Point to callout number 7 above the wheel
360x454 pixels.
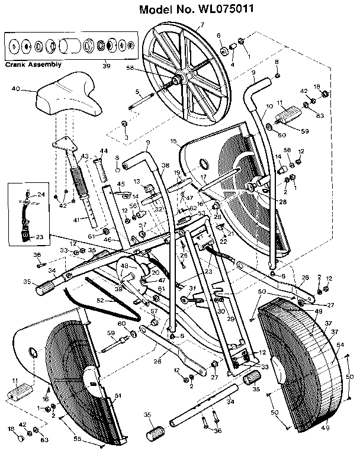[202, 24]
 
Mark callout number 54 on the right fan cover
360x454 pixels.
[339, 343]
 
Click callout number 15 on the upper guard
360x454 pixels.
[173, 141]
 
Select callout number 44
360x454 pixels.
[104, 152]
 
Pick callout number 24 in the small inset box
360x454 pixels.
[41, 194]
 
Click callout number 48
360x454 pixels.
[124, 266]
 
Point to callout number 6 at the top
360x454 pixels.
[218, 36]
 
